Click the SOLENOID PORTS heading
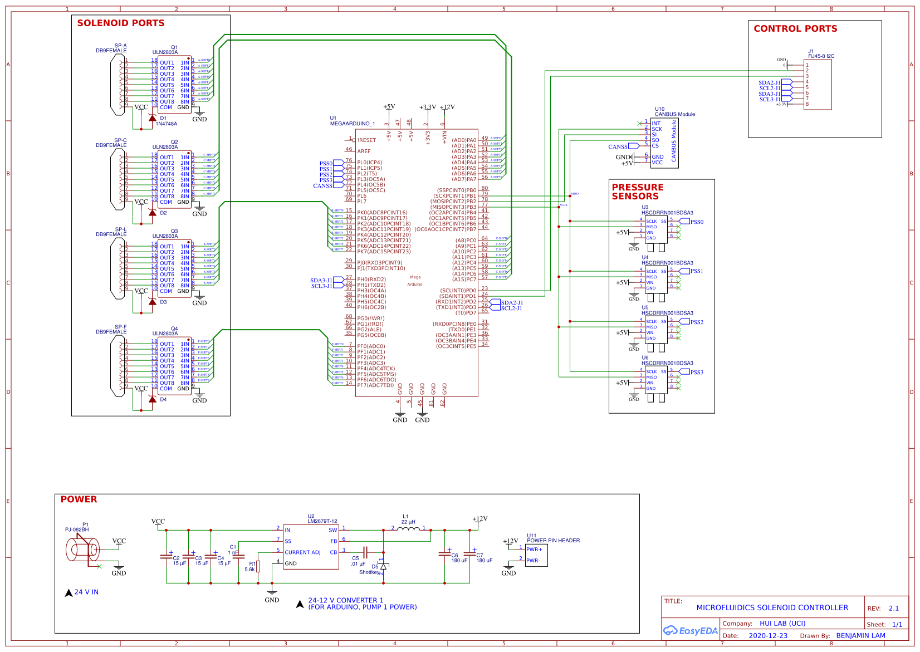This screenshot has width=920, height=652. click(x=120, y=23)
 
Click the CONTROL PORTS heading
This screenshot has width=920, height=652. click(x=795, y=29)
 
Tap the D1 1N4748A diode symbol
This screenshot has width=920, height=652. click(x=152, y=118)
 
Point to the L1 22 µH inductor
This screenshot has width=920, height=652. click(x=408, y=528)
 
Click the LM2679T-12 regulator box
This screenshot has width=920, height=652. click(x=310, y=546)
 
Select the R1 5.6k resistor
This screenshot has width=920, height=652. click(x=258, y=566)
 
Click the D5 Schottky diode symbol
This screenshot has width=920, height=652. click(x=383, y=566)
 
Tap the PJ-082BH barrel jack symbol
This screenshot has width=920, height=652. click(x=82, y=550)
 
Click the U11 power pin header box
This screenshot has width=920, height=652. click(x=536, y=555)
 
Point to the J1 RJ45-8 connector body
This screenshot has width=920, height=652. click(x=818, y=84)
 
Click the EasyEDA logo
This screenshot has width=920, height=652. click(x=690, y=631)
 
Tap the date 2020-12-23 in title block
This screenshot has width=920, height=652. click(x=767, y=636)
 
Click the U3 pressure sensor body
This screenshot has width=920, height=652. click(x=655, y=229)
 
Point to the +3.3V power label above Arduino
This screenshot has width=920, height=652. click(x=427, y=107)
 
